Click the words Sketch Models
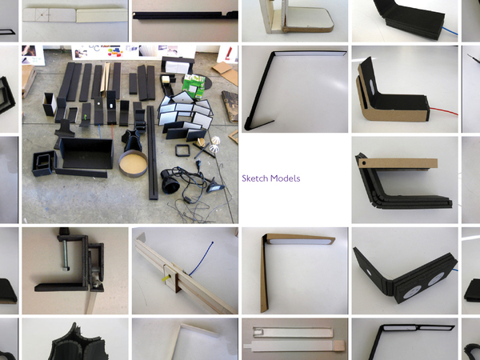(x=271, y=178)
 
